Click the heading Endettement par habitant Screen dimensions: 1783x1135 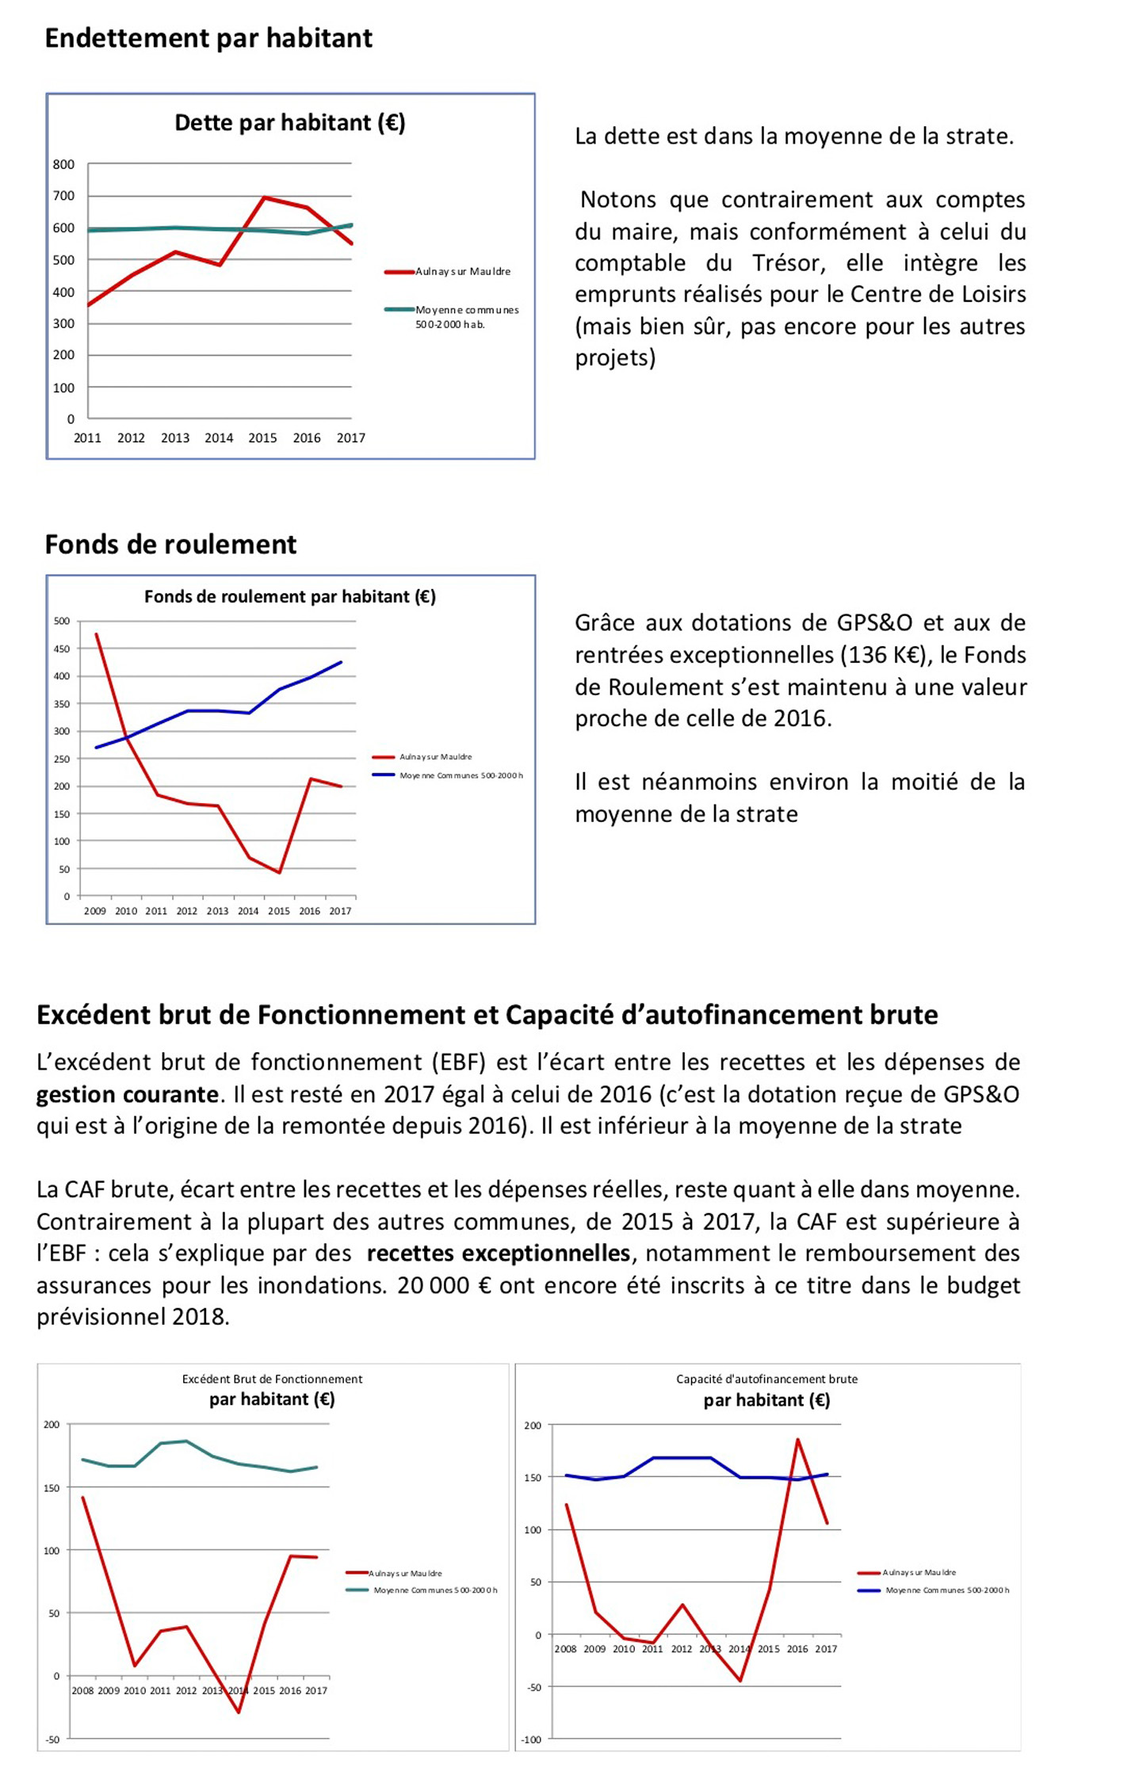pyautogui.click(x=208, y=38)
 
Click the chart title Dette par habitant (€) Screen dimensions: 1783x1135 pyautogui.click(x=289, y=123)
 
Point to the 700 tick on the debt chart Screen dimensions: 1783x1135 pyautogui.click(x=63, y=196)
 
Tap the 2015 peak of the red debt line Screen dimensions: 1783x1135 pyautogui.click(x=264, y=197)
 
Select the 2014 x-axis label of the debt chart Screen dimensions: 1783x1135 pyautogui.click(x=219, y=438)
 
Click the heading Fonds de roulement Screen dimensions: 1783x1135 pyautogui.click(x=170, y=545)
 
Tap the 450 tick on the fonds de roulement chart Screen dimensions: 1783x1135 pyautogui.click(x=62, y=649)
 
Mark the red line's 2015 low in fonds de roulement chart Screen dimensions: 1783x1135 pyautogui.click(x=279, y=873)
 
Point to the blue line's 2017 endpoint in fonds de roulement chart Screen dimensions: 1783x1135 pyautogui.click(x=341, y=662)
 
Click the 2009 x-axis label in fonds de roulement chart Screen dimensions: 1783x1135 pyautogui.click(x=95, y=911)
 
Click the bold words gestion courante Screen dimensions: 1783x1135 pyautogui.click(x=127, y=1094)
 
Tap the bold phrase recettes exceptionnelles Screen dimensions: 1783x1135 pyautogui.click(x=498, y=1253)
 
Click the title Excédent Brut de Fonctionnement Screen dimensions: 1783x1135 pyautogui.click(x=272, y=1379)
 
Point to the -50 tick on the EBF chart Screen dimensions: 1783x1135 pyautogui.click(x=52, y=1739)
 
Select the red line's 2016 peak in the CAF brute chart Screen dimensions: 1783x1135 pyautogui.click(x=797, y=1439)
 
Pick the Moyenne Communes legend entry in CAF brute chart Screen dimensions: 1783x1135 pyautogui.click(x=946, y=1590)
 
